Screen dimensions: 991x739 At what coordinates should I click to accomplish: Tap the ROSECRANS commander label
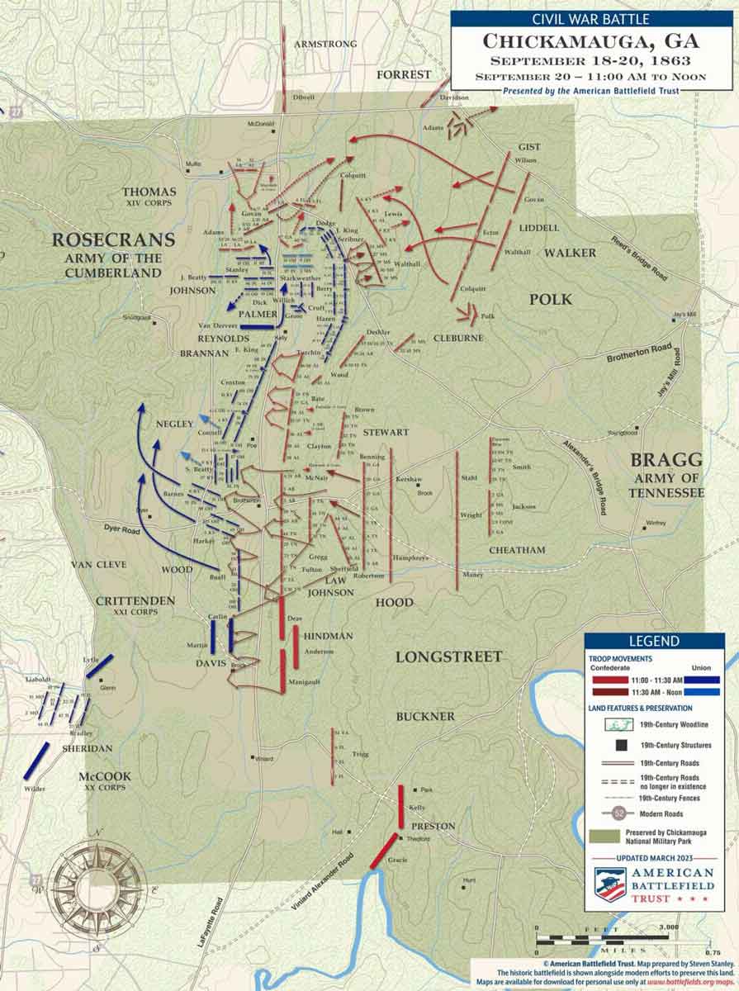coord(114,240)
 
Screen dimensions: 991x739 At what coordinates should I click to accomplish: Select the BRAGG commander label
coord(666,460)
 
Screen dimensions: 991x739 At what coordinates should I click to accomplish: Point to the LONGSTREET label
coord(448,657)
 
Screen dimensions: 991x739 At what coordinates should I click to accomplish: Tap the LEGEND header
coord(654,641)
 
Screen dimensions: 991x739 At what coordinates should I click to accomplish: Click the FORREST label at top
coord(404,74)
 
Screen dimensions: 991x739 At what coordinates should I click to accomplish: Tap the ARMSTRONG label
coord(326,44)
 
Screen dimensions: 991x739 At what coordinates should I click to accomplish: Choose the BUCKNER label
coord(424,716)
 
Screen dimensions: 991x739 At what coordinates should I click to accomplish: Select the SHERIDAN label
coord(88,748)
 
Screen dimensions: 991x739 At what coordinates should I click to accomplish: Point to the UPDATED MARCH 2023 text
coord(654,857)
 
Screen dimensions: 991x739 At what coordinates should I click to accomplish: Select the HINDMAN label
coord(328,635)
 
